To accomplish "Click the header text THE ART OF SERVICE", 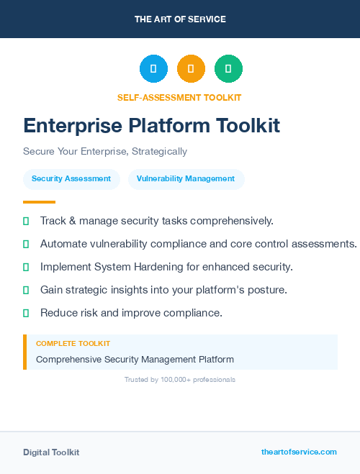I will pyautogui.click(x=180, y=19).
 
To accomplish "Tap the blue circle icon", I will pyautogui.click(x=153, y=69).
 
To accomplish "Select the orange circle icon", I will pyautogui.click(x=191, y=69).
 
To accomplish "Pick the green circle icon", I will pyautogui.click(x=228, y=69).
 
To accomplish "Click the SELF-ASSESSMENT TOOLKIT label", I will pyautogui.click(x=179, y=97).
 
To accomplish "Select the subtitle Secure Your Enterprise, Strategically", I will pyautogui.click(x=105, y=152).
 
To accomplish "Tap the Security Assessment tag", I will pyautogui.click(x=71, y=179).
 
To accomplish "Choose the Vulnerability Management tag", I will pyautogui.click(x=186, y=179).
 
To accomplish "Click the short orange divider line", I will pyautogui.click(x=39, y=202).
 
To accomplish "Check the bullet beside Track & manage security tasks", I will pyautogui.click(x=26, y=221).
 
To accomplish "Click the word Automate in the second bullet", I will pyautogui.click(x=63, y=244).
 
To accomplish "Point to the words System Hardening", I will pyautogui.click(x=135, y=267).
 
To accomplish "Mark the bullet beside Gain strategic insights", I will pyautogui.click(x=26, y=290).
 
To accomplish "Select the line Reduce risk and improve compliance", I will pyautogui.click(x=131, y=313).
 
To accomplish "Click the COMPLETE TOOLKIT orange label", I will pyautogui.click(x=73, y=344).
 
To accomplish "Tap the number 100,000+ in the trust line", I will pyautogui.click(x=176, y=379).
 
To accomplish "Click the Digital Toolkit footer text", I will pyautogui.click(x=51, y=452).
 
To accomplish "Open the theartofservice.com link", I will pyautogui.click(x=299, y=452).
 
